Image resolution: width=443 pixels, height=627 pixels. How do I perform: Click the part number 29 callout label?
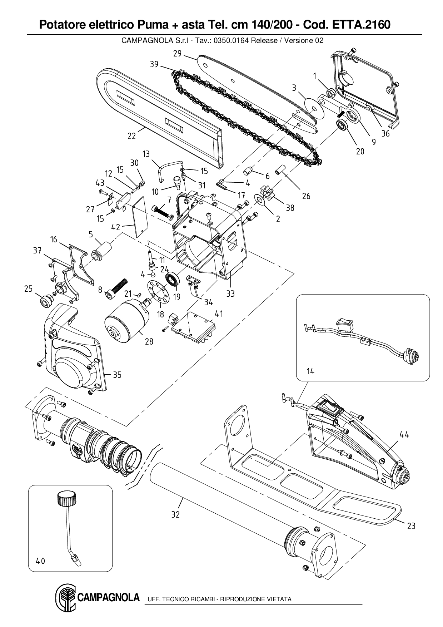coord(178,54)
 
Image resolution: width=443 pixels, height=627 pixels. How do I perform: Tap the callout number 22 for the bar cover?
coord(132,136)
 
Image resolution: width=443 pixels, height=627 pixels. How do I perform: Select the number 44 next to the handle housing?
coord(404,435)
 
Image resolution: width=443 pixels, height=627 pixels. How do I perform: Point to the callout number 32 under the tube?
coord(175,514)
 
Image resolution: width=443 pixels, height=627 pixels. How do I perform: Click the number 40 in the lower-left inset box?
coord(41,561)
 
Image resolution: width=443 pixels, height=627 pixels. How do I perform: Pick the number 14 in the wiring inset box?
coord(310,371)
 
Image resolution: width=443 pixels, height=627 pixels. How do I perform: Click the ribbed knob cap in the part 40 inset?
coord(67,498)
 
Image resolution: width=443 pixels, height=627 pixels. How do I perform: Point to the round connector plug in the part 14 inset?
coord(411,356)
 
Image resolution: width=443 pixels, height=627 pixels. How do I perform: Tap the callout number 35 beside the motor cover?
coord(117,375)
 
